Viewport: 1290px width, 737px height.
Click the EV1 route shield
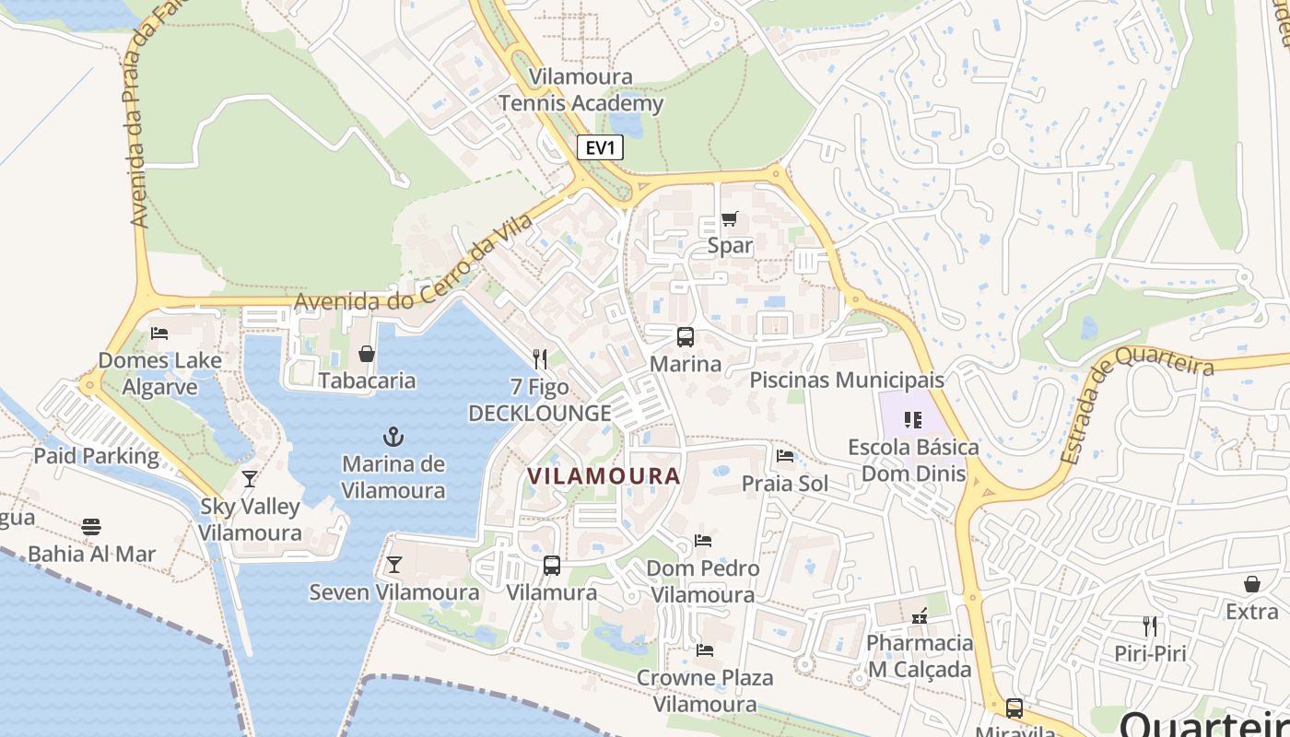(x=600, y=147)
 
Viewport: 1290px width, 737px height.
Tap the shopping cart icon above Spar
(x=730, y=219)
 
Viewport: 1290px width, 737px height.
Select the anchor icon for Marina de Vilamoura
(x=393, y=436)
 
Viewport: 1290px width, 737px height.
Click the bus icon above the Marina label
(x=685, y=337)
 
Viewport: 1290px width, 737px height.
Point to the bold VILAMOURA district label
(x=604, y=476)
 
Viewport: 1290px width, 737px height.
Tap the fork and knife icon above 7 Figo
(x=540, y=359)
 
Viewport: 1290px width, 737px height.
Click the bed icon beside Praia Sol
(x=785, y=455)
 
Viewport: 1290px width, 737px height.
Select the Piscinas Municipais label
(x=847, y=380)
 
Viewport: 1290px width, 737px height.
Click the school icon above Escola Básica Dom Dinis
(x=913, y=420)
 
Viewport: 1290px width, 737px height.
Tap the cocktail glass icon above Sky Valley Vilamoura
(x=249, y=478)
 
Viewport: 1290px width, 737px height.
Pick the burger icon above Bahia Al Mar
(x=90, y=527)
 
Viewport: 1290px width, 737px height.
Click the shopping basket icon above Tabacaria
(x=367, y=354)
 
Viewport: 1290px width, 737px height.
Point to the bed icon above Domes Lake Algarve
(x=159, y=333)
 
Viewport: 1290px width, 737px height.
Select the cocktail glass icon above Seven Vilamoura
(x=393, y=564)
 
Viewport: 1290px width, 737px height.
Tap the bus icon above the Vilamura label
(x=551, y=566)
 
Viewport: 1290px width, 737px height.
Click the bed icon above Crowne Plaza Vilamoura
(x=705, y=650)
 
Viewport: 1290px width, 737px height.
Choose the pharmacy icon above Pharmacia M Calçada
(x=919, y=614)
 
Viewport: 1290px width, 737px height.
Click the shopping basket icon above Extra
(x=1251, y=584)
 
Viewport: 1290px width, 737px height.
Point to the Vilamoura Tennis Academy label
(x=581, y=89)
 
